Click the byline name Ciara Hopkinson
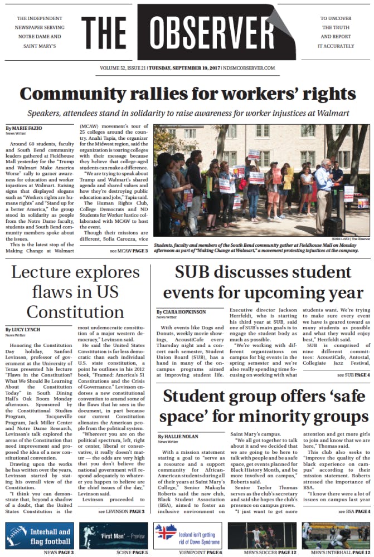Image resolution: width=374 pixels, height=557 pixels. (182, 312)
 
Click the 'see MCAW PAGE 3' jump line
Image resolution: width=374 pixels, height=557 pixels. (128, 252)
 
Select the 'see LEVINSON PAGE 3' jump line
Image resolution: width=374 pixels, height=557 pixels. (121, 511)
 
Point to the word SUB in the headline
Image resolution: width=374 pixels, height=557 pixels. (196, 273)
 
